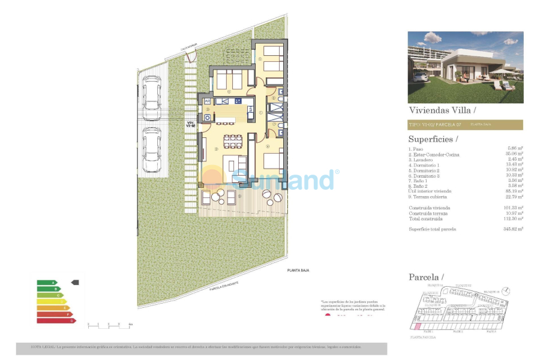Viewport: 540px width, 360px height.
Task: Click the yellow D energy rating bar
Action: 52,301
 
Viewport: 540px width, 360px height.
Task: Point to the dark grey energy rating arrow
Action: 74,282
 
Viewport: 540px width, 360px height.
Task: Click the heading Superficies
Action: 433,139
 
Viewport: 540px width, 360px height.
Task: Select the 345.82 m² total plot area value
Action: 513,229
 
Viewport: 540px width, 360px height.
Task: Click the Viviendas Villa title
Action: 442,110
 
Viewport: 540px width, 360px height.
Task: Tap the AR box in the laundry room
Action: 207,101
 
